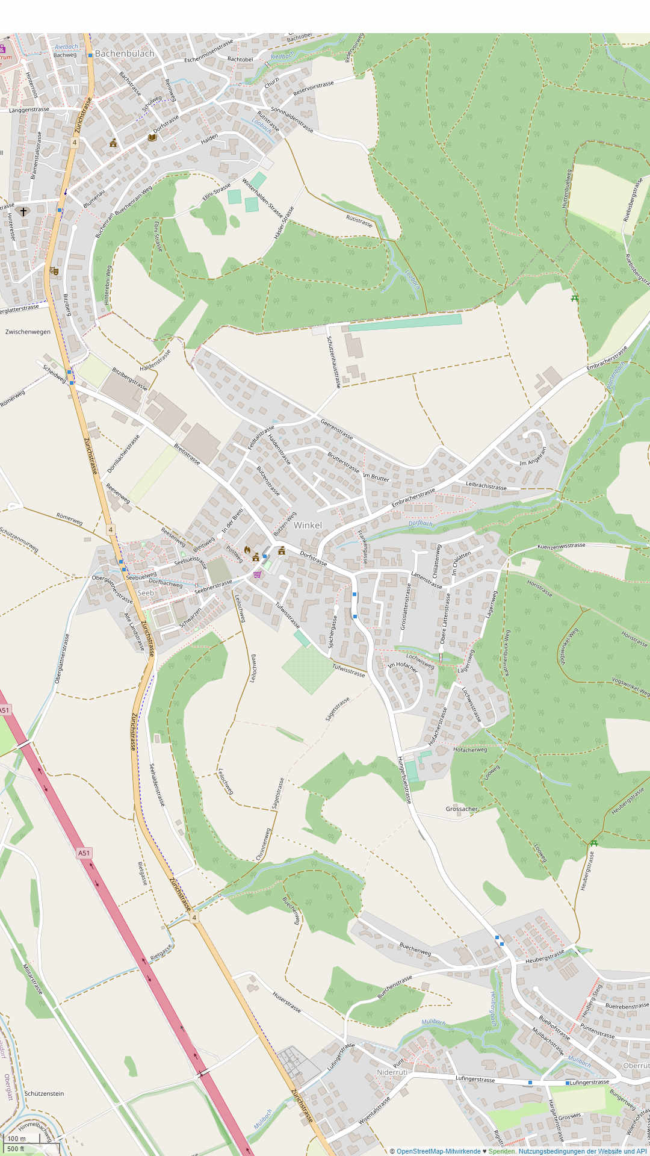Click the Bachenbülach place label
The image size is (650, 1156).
tap(125, 54)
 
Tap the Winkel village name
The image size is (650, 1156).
tap(308, 525)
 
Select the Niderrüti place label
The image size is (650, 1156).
tap(392, 1072)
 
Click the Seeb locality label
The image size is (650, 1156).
tap(146, 593)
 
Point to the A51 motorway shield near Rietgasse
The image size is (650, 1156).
tap(84, 853)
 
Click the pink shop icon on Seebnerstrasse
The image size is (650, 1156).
tap(258, 574)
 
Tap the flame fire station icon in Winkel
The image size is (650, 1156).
tap(247, 550)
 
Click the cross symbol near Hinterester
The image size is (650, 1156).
tap(23, 212)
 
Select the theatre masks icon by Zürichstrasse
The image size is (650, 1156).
tap(54, 271)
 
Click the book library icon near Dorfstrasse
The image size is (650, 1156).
tap(152, 138)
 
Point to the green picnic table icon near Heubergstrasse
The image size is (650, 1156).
tap(593, 843)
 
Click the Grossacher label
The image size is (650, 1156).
tap(462, 809)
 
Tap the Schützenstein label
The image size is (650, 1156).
tap(44, 1093)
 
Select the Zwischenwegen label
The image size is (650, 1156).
tap(28, 332)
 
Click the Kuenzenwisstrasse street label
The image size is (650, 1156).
tap(561, 545)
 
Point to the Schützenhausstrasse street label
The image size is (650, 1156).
tap(333, 362)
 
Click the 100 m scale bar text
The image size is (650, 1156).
tap(17, 1138)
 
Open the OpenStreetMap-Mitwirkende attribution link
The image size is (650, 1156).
tap(438, 1151)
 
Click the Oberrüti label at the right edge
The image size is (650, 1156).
tap(636, 1065)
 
